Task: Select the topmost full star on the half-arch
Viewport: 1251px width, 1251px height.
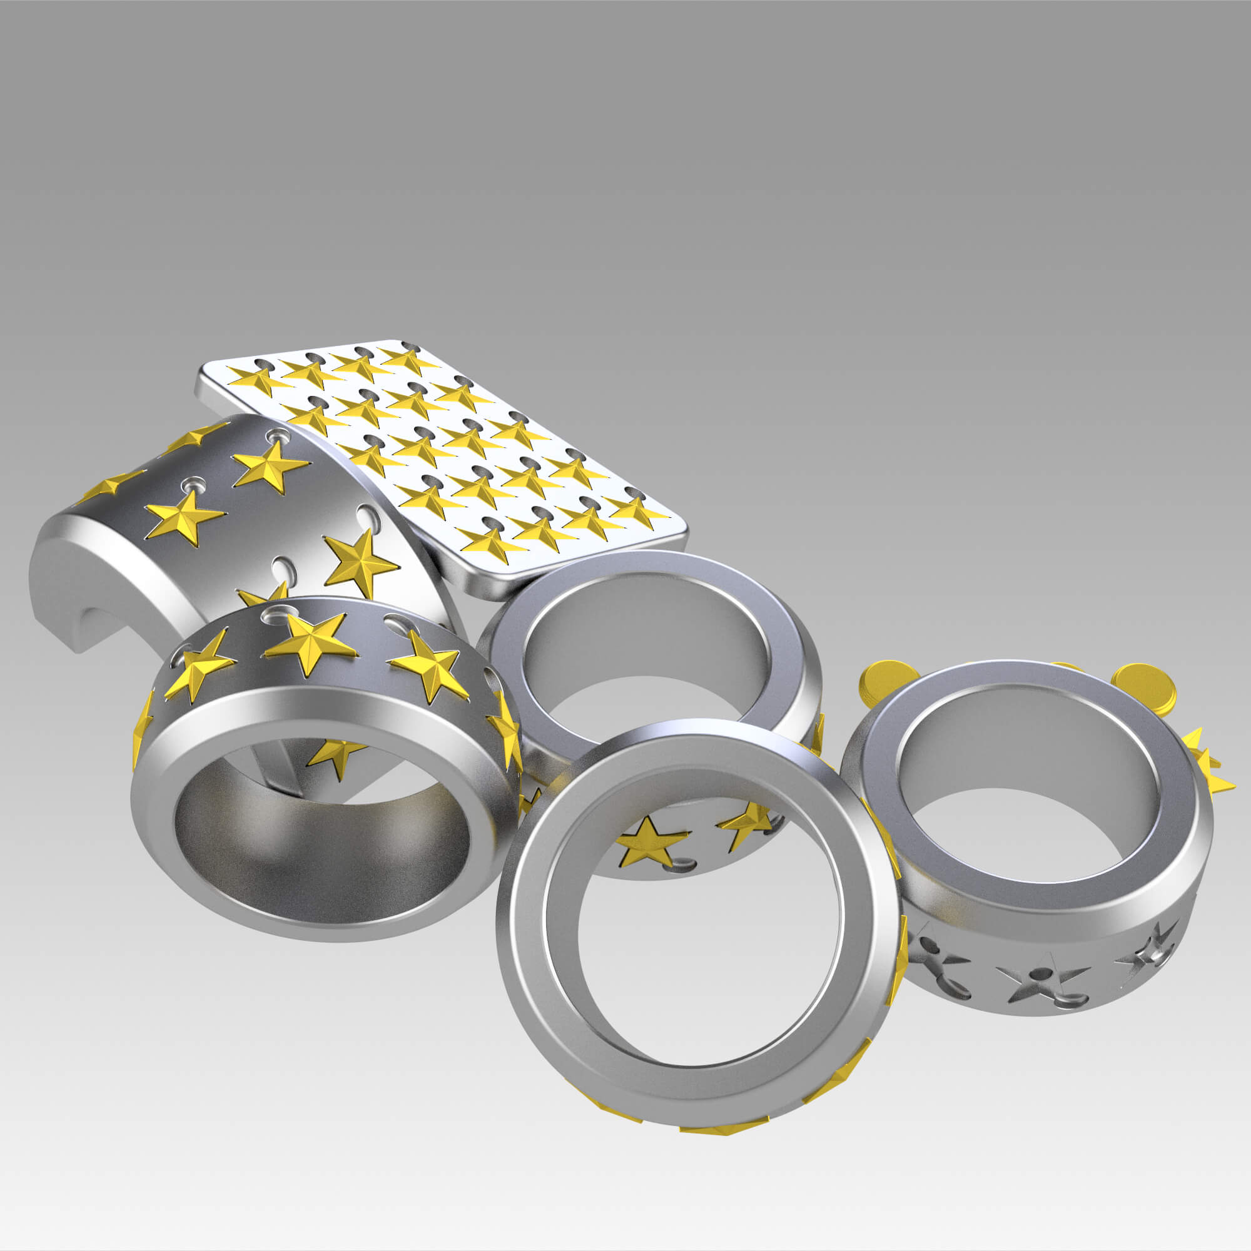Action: [270, 465]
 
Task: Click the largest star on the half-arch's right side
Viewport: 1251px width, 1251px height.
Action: [360, 563]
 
